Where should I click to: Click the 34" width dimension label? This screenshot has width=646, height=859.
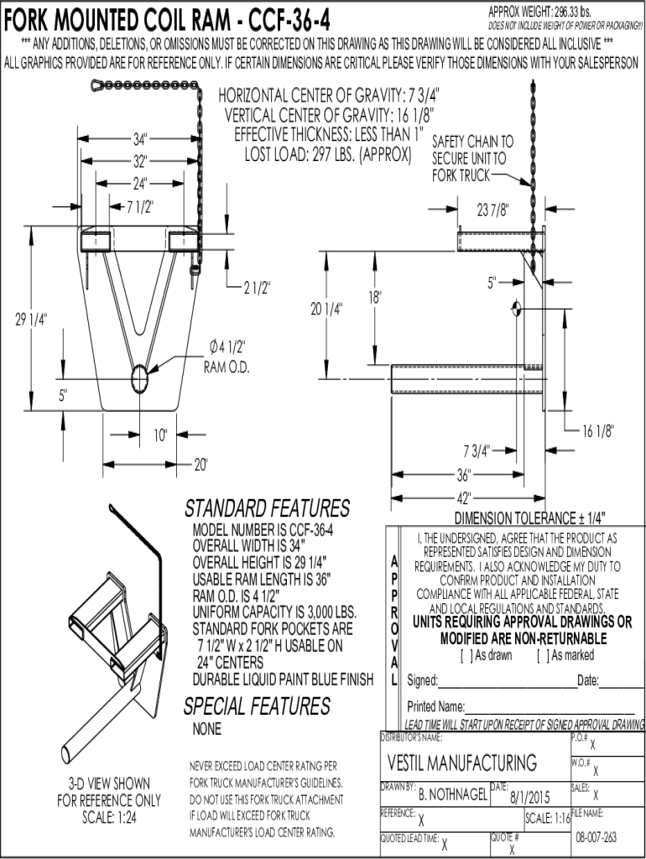click(x=139, y=138)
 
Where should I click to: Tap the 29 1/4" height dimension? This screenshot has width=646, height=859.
click(x=30, y=319)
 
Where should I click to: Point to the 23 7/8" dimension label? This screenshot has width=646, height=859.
click(x=493, y=210)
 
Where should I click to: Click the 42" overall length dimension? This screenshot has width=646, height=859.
click(x=464, y=496)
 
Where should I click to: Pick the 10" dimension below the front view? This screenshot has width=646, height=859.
click(x=160, y=435)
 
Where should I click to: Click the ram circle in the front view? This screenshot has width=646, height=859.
click(x=141, y=379)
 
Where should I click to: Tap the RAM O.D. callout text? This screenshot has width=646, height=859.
click(x=227, y=368)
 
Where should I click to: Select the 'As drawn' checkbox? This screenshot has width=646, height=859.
click(x=465, y=655)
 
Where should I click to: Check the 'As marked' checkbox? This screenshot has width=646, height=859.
click(x=540, y=655)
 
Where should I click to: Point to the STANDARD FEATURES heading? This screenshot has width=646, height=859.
click(x=266, y=508)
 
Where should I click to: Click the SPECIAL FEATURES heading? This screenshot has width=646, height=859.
click(x=257, y=706)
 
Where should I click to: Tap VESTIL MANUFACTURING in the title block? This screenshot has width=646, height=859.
click(x=461, y=763)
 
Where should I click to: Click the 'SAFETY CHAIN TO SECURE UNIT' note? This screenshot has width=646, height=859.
click(x=472, y=159)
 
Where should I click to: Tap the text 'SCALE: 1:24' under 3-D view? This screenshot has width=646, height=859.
click(x=108, y=818)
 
